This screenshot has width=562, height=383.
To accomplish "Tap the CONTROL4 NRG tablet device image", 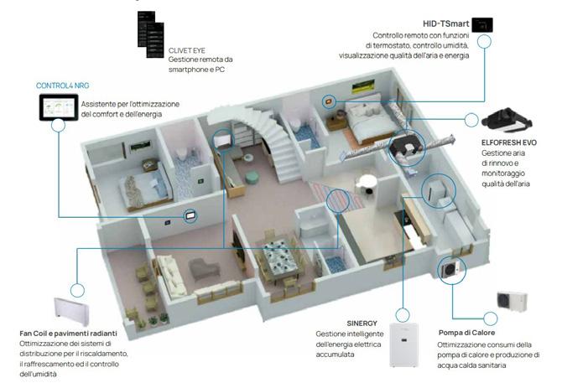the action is [x=58, y=108].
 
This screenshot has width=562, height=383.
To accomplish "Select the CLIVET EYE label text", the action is [x=187, y=50].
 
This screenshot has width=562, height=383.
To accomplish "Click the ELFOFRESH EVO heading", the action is [x=509, y=142].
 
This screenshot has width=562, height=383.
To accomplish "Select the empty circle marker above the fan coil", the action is [x=77, y=291].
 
